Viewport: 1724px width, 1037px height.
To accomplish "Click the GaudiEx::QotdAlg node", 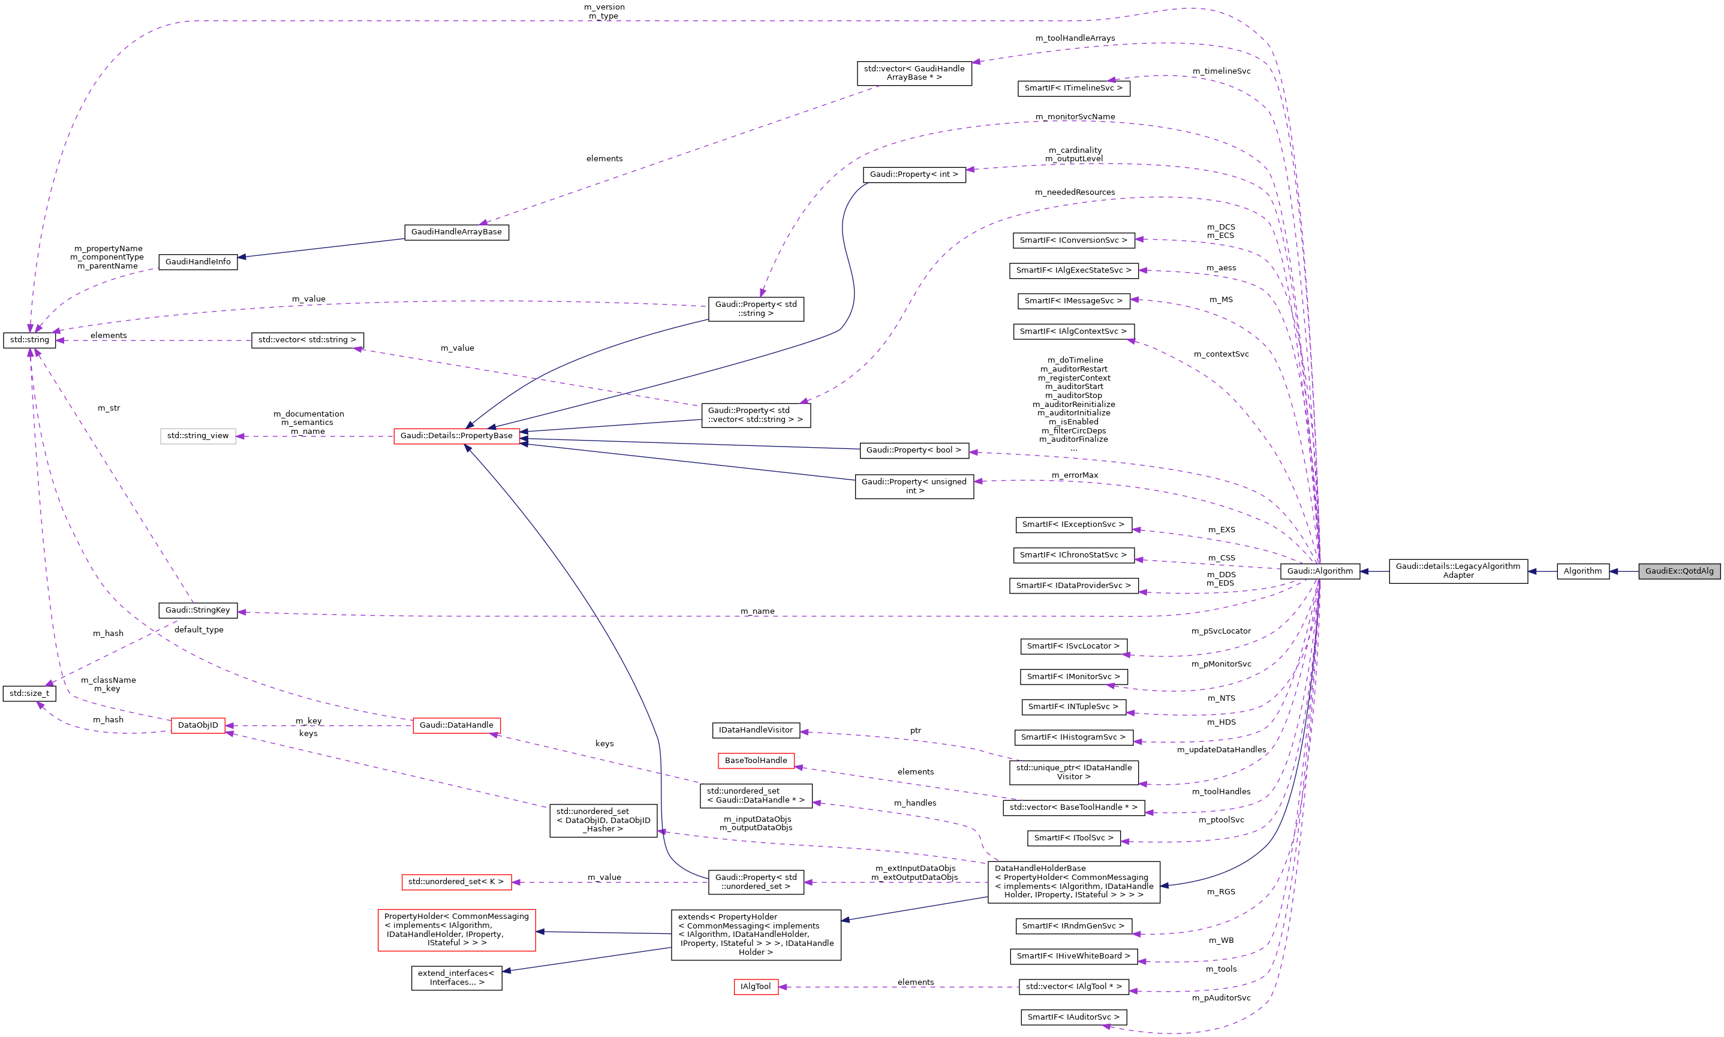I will pos(1678,571).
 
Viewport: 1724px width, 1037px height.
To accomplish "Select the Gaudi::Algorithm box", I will pos(1319,571).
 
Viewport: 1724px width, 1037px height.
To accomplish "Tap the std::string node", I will pos(29,340).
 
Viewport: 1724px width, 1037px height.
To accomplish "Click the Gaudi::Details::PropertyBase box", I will pos(456,435).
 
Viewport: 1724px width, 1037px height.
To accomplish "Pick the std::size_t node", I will pos(29,693).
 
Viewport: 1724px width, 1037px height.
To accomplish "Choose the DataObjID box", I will pos(198,725).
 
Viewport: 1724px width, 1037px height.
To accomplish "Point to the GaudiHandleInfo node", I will pos(198,261).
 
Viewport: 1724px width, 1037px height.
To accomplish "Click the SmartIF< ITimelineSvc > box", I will pos(1073,88).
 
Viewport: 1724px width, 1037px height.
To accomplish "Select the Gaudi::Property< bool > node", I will pos(913,450).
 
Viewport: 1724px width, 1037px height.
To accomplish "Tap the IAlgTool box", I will pos(756,987).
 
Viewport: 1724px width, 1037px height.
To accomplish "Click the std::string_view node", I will pos(198,435).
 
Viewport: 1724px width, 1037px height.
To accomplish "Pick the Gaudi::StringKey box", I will pos(198,610).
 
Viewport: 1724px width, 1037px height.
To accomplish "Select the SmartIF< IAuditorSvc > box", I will pos(1073,1017).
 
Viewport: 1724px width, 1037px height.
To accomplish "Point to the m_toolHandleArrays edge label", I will pos(1075,38).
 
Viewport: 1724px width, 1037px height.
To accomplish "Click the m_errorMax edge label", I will pos(1074,475).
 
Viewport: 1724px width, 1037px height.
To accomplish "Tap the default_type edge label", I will pos(198,629).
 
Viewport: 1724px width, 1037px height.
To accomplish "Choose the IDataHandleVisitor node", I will pos(756,730).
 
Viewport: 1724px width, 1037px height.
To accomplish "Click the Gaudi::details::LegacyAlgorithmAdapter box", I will pos(1458,571).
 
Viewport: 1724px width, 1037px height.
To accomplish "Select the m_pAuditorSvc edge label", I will pos(1221,998).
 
